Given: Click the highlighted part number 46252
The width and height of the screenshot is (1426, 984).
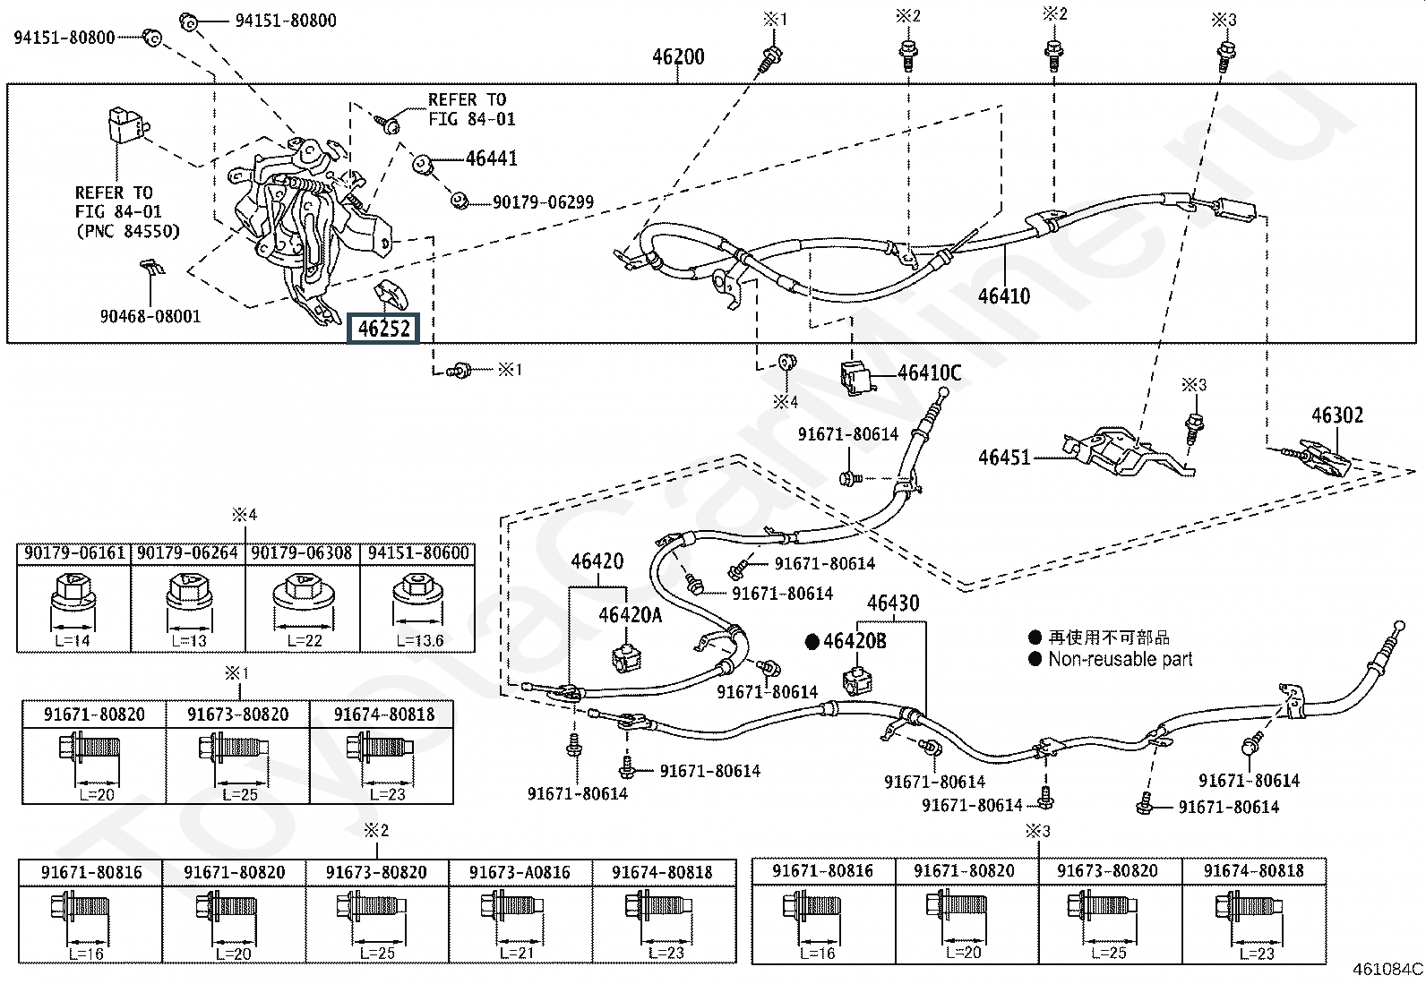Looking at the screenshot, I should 384,329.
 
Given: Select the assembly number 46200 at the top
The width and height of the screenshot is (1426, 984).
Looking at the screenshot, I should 678,57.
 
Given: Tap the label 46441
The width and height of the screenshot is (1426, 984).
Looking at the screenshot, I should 491,158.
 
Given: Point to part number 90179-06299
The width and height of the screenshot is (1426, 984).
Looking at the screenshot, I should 543,203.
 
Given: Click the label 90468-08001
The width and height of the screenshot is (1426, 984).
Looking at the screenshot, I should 150,316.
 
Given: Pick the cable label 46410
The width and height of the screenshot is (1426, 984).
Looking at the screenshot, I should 1003,295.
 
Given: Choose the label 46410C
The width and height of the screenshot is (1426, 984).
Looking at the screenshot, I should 929,373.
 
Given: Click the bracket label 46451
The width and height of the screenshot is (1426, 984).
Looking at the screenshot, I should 1004,458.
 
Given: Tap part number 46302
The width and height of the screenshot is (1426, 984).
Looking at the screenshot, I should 1336,415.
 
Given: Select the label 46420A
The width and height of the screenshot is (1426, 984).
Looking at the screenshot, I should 630,615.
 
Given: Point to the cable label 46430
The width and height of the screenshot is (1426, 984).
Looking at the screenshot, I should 893,603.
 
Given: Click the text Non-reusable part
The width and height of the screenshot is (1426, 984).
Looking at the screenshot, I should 1121,659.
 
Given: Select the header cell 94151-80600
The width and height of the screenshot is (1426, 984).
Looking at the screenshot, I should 417,553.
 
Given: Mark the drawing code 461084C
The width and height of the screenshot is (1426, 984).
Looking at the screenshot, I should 1387,969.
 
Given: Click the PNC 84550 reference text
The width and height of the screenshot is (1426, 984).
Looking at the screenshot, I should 127,231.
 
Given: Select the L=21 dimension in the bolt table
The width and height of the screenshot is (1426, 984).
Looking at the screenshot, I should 517,953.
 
